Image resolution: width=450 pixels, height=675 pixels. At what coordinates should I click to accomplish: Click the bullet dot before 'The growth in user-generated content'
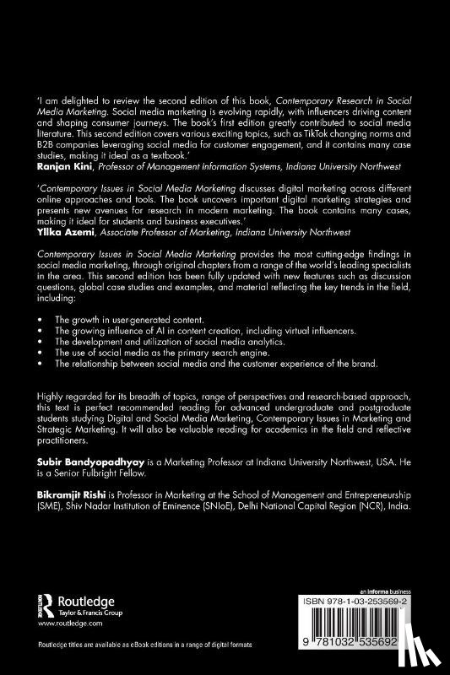pos(41,321)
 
